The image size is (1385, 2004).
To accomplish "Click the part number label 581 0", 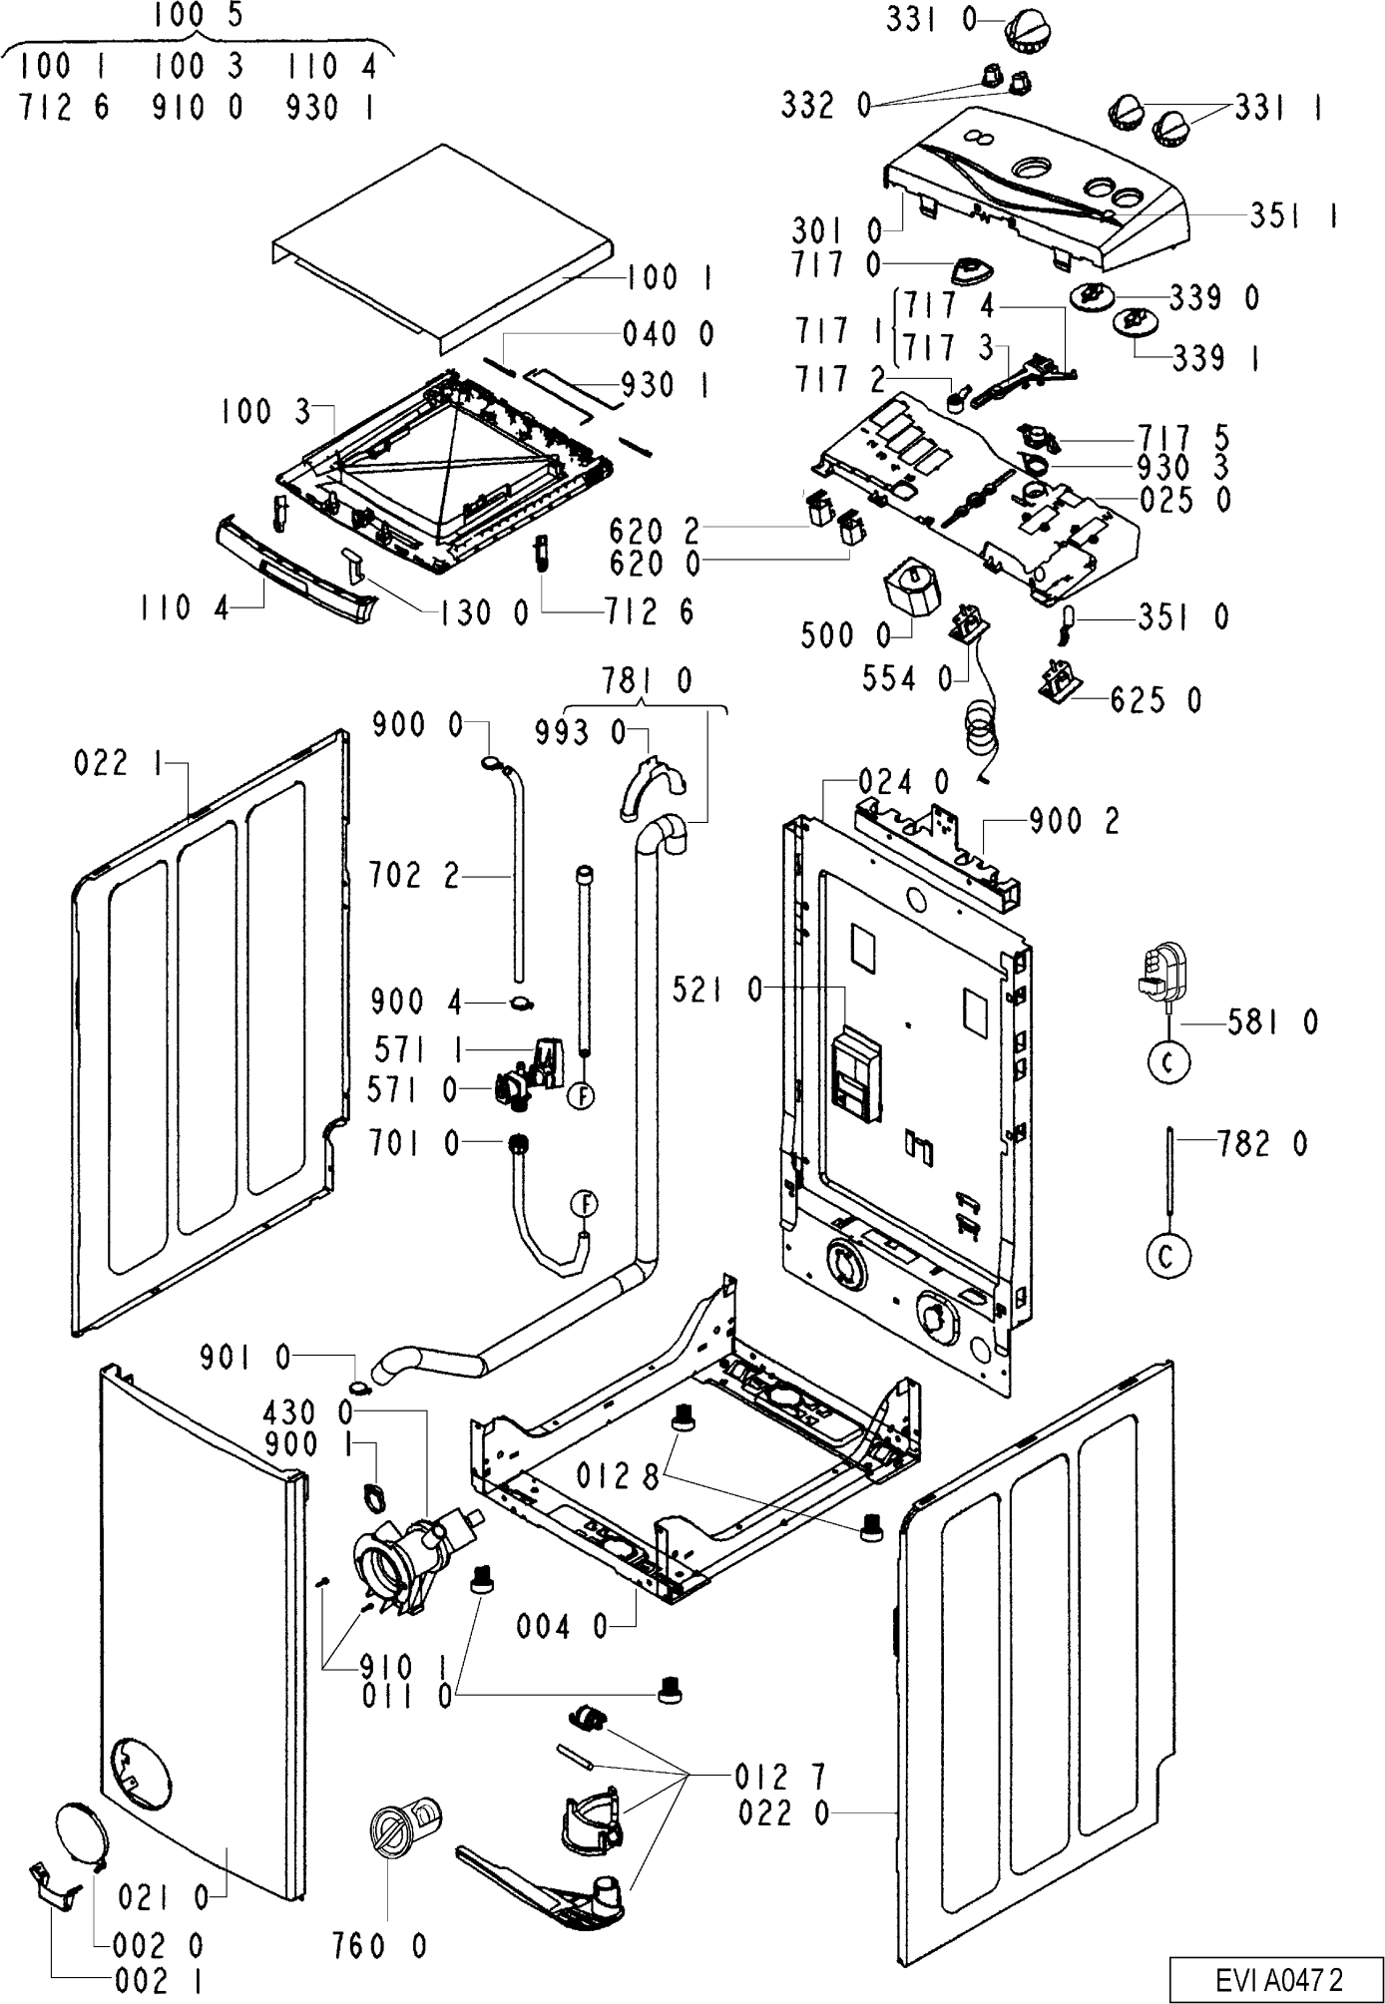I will point(1273,1021).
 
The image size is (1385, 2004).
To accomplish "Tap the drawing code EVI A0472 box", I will point(1277,1977).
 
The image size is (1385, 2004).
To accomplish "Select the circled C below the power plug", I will point(1168,1064).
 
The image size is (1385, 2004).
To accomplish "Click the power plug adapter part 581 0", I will point(1160,970).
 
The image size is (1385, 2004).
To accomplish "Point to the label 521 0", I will point(719,990).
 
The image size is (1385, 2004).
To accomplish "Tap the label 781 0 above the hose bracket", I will point(647,680).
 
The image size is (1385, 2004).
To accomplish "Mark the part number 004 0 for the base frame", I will point(562,1627).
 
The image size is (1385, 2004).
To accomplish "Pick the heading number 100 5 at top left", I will point(200,17).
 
